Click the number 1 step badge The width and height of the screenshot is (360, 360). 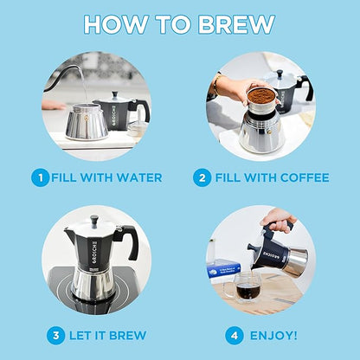[x=39, y=177]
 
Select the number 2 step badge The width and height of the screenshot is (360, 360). [x=202, y=177]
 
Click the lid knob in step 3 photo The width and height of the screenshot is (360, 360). [x=94, y=220]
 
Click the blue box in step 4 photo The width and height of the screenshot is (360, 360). [x=224, y=267]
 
